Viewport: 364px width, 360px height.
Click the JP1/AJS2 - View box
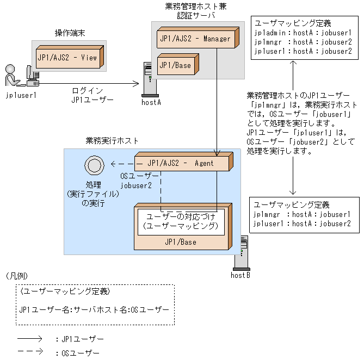pyautogui.click(x=67, y=57)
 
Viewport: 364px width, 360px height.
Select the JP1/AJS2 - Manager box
pyautogui.click(x=195, y=39)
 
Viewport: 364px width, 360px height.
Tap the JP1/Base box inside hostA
pyautogui.click(x=176, y=65)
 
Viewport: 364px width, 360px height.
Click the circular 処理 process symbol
pyautogui.click(x=92, y=165)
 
